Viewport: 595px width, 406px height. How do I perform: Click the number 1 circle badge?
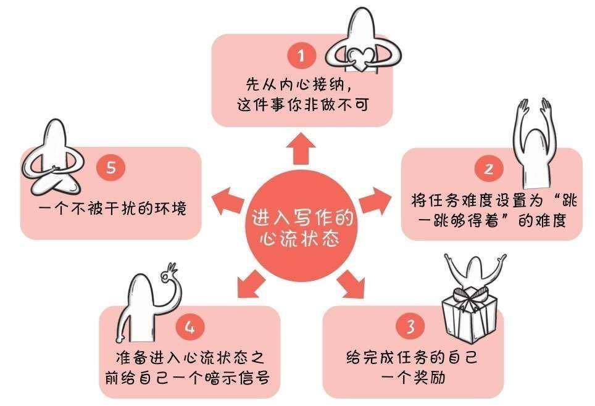pyautogui.click(x=301, y=56)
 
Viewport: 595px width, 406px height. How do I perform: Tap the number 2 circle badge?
pyautogui.click(x=489, y=168)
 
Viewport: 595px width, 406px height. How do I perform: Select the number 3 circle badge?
pyautogui.click(x=410, y=326)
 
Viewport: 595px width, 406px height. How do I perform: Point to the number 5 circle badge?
pyautogui.click(x=111, y=167)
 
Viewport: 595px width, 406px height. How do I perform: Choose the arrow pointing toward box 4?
pyautogui.click(x=251, y=284)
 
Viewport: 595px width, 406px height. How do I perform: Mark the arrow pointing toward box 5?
pyautogui.click(x=227, y=201)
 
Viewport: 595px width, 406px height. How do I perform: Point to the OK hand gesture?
pyautogui.click(x=169, y=273)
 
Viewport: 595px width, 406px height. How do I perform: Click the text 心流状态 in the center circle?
pyautogui.click(x=300, y=239)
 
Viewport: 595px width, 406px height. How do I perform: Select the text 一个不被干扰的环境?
pyautogui.click(x=113, y=209)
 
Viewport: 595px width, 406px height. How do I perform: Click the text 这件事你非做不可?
pyautogui.click(x=303, y=105)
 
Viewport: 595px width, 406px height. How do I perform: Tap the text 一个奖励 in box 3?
pyautogui.click(x=413, y=378)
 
